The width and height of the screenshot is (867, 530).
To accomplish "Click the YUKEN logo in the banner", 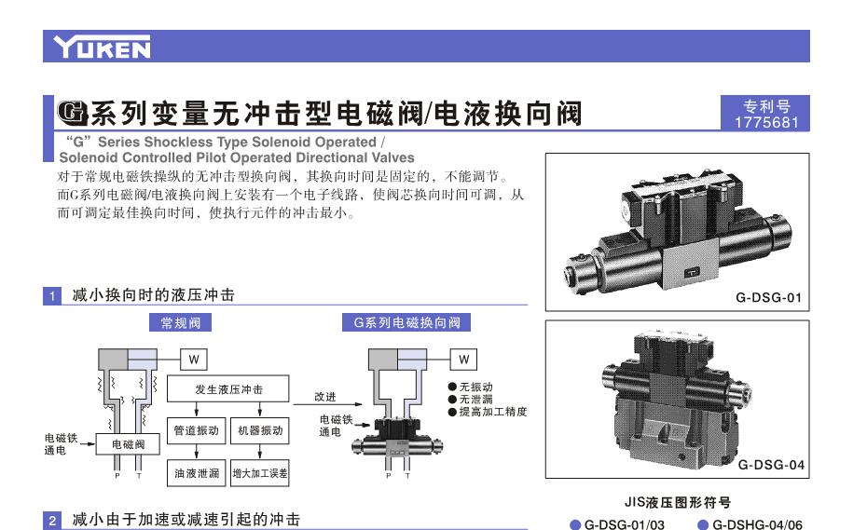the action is click(102, 47).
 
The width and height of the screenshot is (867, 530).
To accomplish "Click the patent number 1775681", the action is click(766, 122).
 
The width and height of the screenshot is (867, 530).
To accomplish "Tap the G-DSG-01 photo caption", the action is click(768, 297).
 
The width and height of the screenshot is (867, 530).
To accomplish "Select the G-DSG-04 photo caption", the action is click(771, 465).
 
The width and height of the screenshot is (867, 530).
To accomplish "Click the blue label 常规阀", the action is click(180, 323).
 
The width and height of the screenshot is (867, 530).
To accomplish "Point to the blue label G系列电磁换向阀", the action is click(406, 323).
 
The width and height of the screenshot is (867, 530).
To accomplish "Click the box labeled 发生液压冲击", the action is click(227, 389).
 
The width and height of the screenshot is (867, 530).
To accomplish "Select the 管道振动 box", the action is click(197, 430).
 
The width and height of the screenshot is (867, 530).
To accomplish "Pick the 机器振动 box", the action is click(260, 430).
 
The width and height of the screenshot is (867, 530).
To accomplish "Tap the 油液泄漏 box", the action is click(197, 473).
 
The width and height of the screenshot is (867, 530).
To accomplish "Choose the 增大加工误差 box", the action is click(260, 473).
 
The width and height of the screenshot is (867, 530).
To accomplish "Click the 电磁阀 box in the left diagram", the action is click(128, 443).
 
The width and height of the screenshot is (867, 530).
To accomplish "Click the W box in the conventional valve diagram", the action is click(194, 360).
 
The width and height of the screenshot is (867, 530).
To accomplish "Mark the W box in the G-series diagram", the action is click(463, 360).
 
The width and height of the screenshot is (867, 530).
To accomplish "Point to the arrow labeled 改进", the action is click(327, 404).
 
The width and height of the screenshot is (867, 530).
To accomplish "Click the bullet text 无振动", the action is click(475, 387).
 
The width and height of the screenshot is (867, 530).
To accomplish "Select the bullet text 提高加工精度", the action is click(492, 412).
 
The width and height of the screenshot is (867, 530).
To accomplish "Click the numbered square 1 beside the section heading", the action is click(52, 295).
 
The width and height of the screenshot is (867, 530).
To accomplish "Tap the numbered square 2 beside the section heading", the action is click(52, 521).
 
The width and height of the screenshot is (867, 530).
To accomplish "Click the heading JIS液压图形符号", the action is click(678, 502).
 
